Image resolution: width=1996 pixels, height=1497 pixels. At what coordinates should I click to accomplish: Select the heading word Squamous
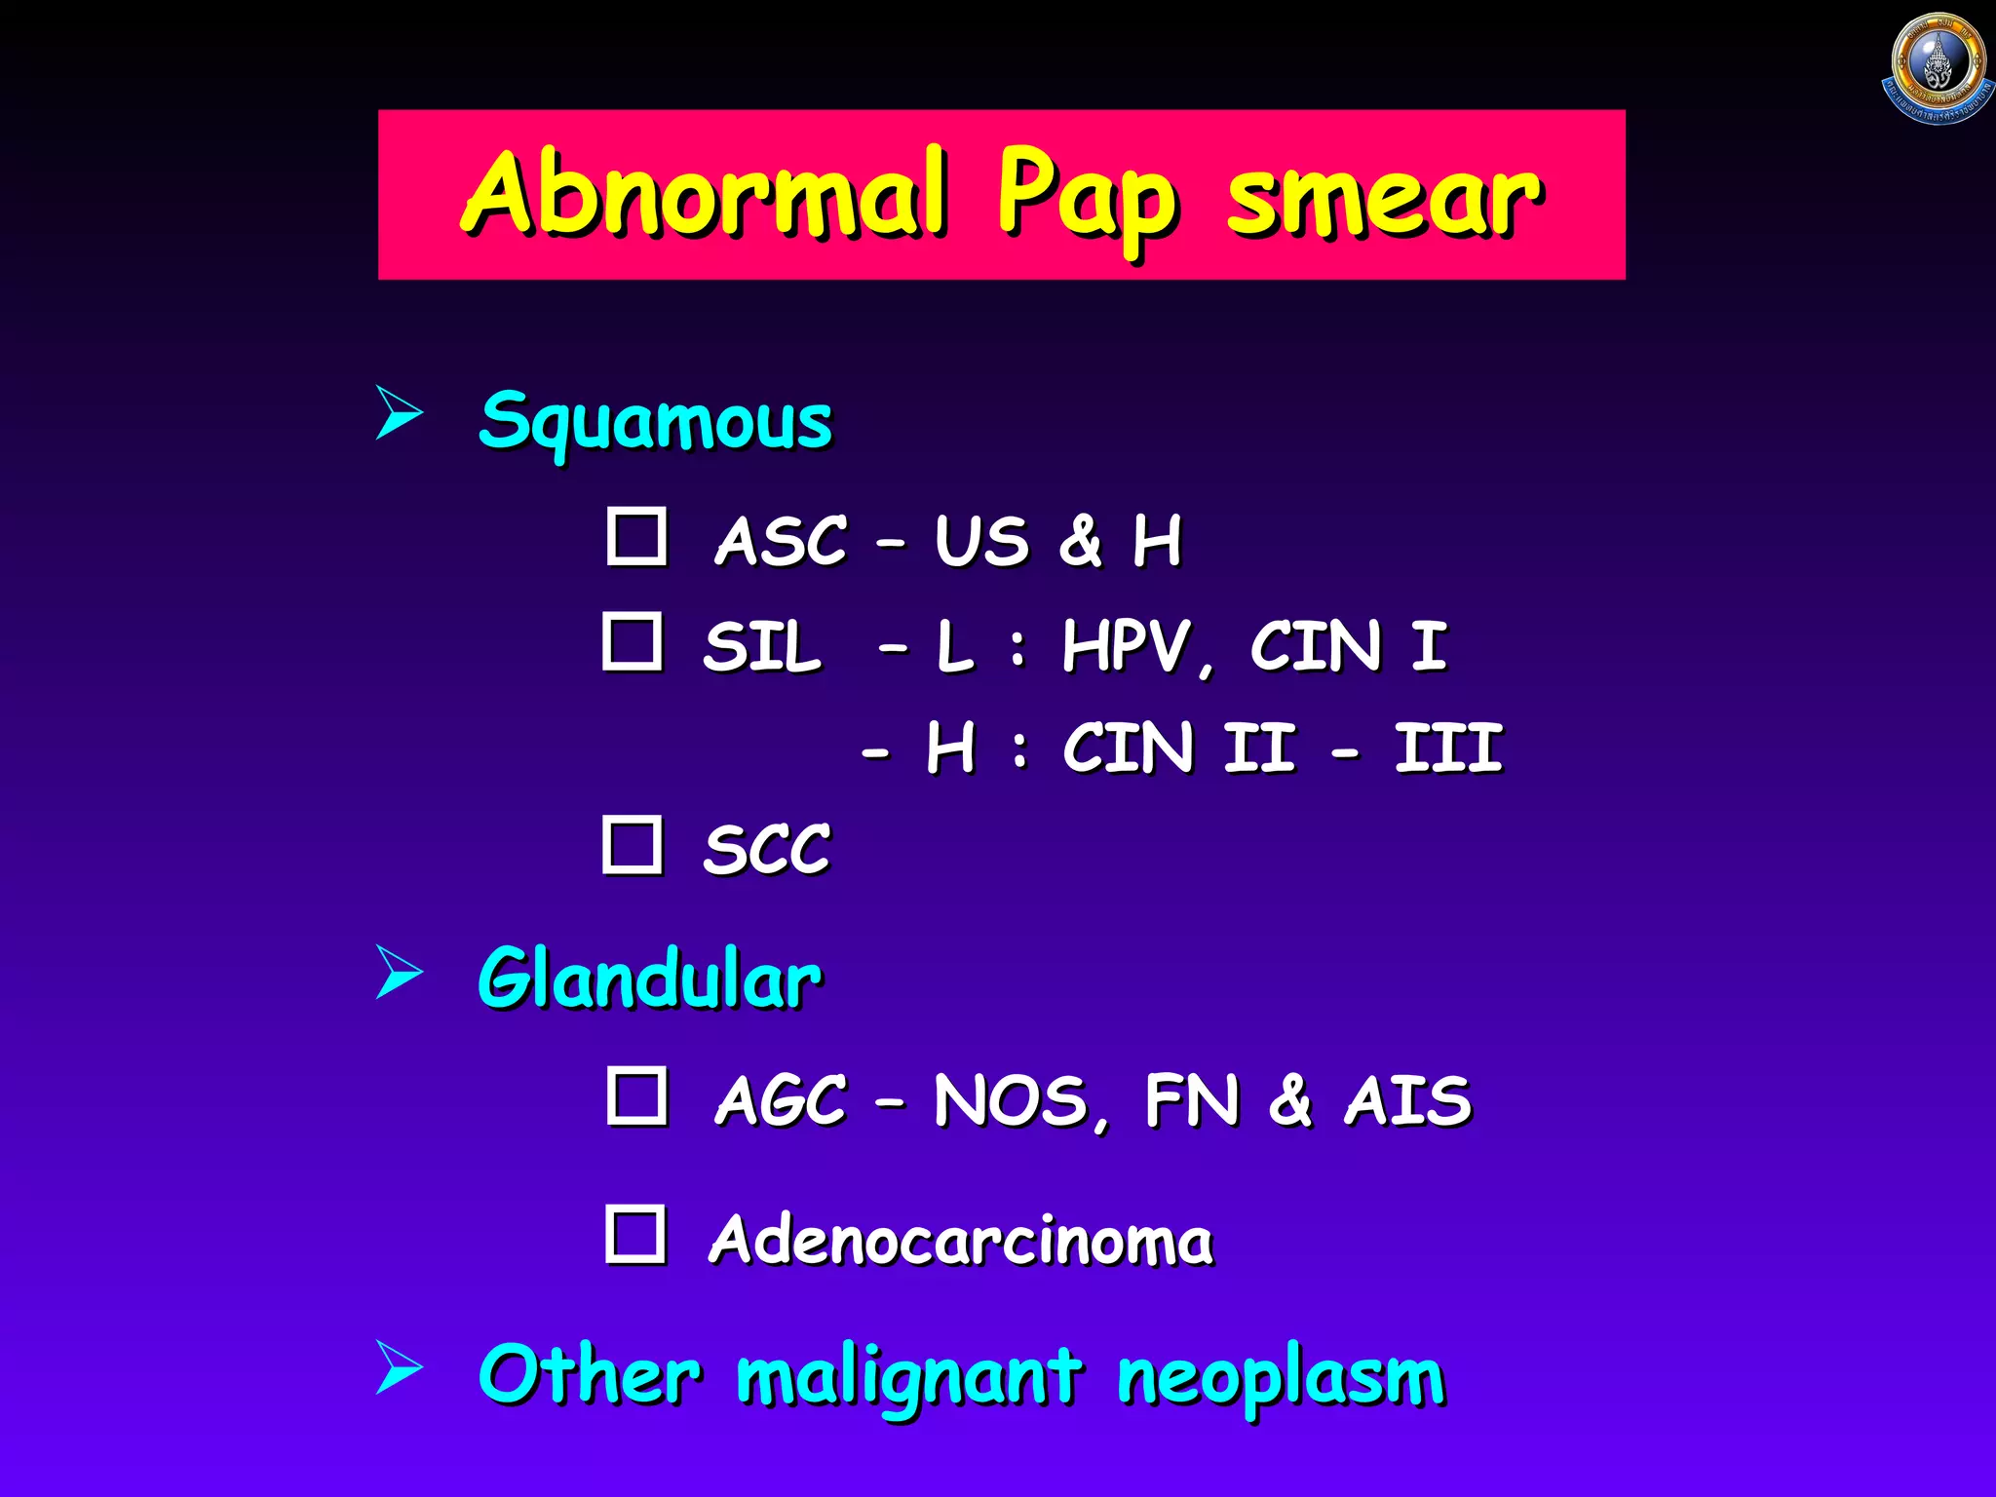(655, 421)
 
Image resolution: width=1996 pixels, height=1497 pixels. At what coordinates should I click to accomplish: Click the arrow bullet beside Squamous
(399, 412)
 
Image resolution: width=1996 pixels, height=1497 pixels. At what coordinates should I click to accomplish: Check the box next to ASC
(636, 536)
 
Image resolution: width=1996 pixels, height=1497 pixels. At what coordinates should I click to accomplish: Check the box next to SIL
(633, 641)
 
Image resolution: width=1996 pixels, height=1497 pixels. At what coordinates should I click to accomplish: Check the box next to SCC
(633, 845)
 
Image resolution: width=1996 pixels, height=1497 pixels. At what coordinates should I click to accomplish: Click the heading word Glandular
(649, 979)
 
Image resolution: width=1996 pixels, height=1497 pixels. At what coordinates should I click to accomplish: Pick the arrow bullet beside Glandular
(399, 972)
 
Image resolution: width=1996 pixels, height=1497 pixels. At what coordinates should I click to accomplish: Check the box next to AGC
(636, 1095)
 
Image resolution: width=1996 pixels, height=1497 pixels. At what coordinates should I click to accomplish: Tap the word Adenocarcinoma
(961, 1241)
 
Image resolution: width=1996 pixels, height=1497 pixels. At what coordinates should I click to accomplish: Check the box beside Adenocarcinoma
(635, 1234)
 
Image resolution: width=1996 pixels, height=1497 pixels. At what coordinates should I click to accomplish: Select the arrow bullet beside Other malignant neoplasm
(399, 1366)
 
